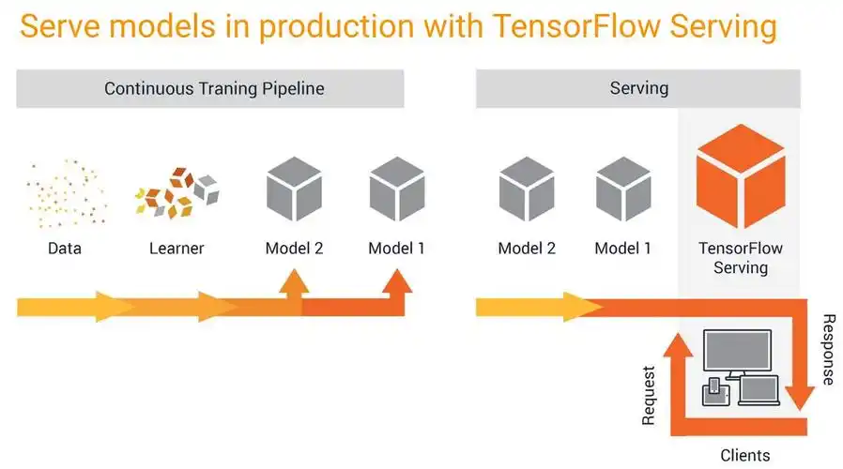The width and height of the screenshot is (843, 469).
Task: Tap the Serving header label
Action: [x=638, y=89]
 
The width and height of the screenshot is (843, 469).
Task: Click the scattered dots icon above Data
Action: [x=65, y=195]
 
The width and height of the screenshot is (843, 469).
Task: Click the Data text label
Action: [x=65, y=249]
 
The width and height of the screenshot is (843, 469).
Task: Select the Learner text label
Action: [x=176, y=249]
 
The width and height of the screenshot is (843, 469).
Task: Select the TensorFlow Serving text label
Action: [x=741, y=258]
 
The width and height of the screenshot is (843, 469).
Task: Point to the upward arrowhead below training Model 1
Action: [x=396, y=281]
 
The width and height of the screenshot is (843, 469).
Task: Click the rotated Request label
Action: [x=649, y=394]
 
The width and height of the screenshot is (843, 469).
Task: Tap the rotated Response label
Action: [x=827, y=349]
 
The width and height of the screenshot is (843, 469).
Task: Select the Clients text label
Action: [x=744, y=456]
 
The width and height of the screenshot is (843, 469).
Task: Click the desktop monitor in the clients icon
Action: [x=737, y=353]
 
